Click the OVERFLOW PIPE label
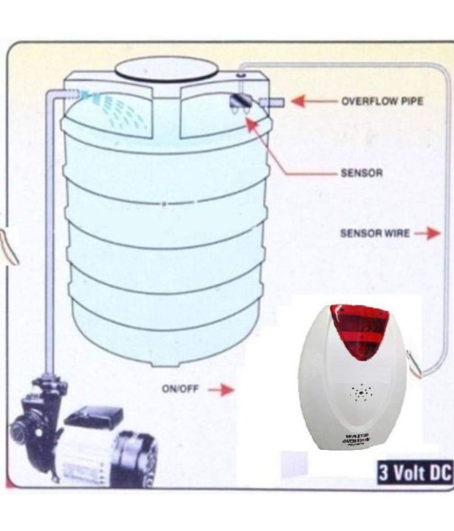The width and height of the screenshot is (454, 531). click(382, 101)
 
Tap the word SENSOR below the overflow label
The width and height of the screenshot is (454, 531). click(361, 174)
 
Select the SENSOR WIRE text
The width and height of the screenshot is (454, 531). click(374, 233)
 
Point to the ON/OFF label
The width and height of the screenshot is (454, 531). click(179, 389)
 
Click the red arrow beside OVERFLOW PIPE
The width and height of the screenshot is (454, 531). click(309, 101)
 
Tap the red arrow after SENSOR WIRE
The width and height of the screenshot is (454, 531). click(427, 233)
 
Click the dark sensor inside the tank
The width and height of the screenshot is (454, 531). click(238, 103)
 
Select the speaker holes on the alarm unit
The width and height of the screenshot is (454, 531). click(360, 393)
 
